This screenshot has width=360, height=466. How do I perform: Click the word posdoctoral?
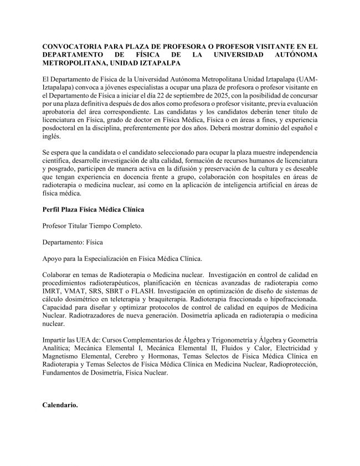point(62,129)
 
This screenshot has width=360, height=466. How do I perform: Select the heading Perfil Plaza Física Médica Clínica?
point(93,209)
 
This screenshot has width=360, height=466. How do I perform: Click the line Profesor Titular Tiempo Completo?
point(92,226)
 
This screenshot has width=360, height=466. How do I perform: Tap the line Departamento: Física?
point(73,242)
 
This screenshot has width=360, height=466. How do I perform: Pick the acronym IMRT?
point(53,291)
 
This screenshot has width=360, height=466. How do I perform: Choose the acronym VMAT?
point(80,291)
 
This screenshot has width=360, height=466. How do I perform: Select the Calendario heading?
point(60,405)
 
